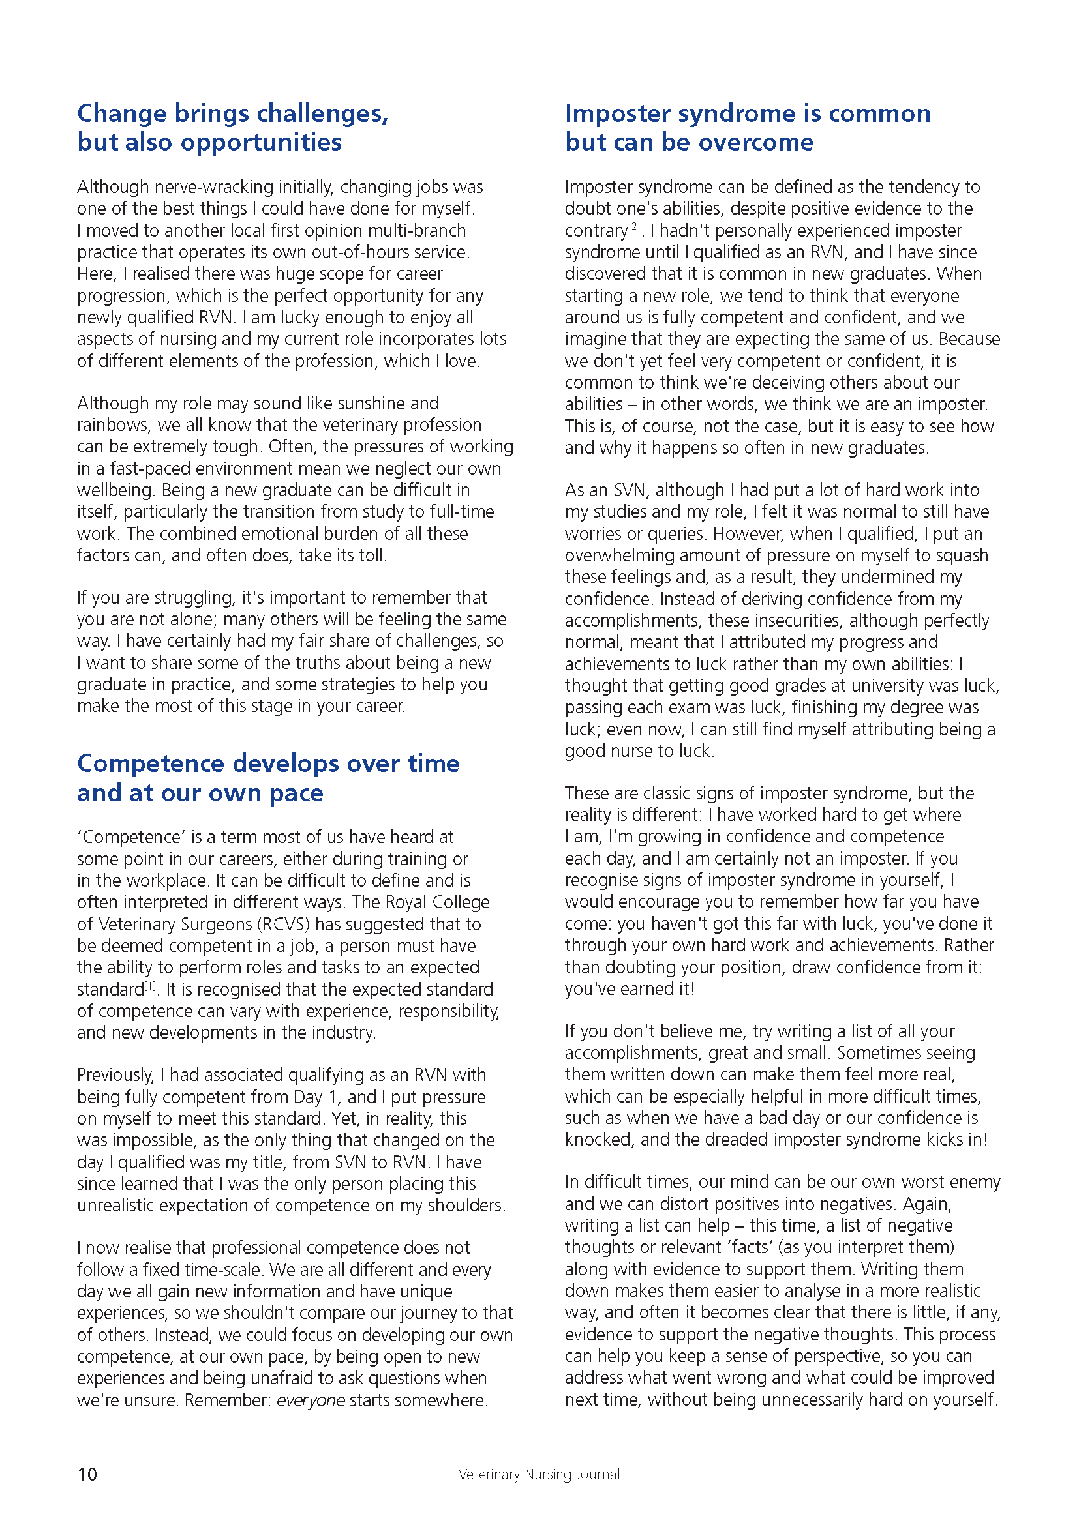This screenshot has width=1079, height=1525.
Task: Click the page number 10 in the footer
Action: click(x=87, y=1474)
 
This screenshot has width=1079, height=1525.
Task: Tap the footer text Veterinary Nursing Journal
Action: click(x=539, y=1475)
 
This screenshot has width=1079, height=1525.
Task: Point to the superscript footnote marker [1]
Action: click(x=151, y=986)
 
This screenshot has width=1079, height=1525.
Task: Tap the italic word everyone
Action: click(x=311, y=1400)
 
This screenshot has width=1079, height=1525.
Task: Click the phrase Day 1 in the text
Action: click(x=316, y=1097)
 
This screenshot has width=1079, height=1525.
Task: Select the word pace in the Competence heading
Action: click(x=296, y=793)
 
